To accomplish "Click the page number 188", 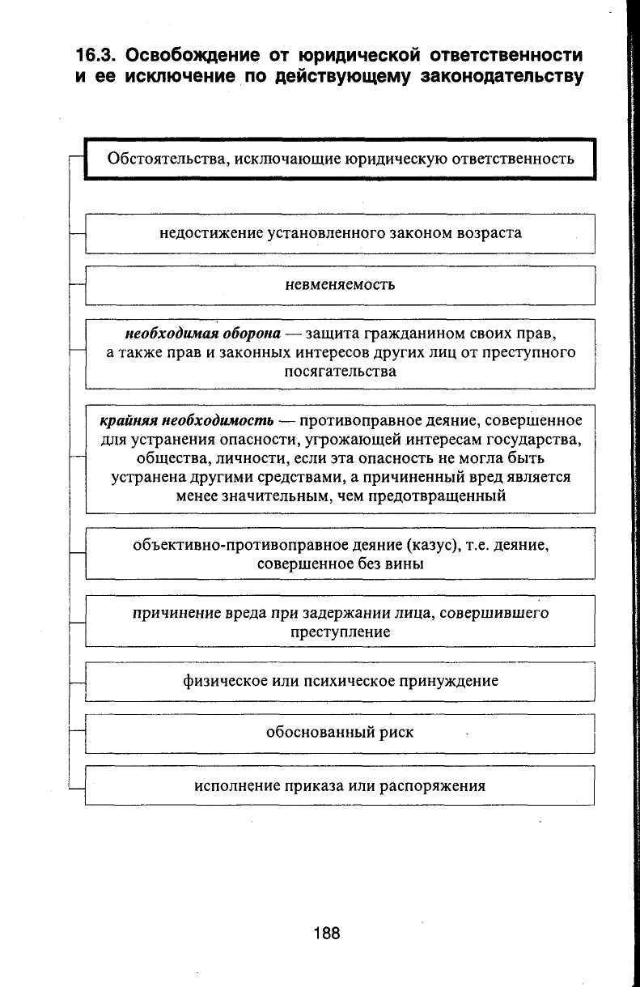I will click(x=327, y=934).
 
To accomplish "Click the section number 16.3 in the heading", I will click(x=95, y=55).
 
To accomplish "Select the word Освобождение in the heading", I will click(x=193, y=55).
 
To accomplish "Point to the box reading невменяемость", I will click(x=340, y=284).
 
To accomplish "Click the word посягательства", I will click(x=340, y=372).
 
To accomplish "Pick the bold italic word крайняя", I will click(x=129, y=421).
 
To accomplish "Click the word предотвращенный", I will click(x=437, y=496).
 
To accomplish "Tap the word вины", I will click(x=405, y=564).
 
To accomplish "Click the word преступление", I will click(x=340, y=632).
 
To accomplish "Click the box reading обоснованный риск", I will click(x=340, y=732).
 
